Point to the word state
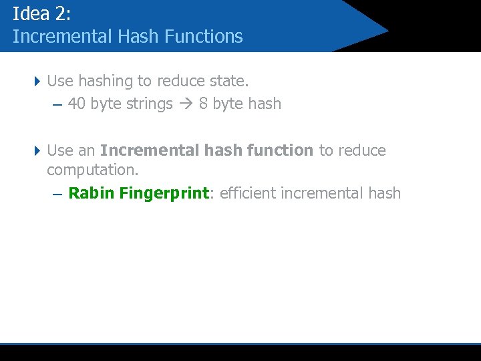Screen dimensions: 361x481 (x=229, y=82)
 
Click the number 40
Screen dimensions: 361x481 (x=76, y=104)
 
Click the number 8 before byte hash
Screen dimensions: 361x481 (x=203, y=104)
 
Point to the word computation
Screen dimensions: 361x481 (x=92, y=170)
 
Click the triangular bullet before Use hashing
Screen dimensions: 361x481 (x=37, y=82)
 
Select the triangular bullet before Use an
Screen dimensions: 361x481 (x=37, y=150)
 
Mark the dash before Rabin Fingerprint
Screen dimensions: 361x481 (x=57, y=195)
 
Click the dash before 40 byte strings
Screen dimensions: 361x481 (x=56, y=105)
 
